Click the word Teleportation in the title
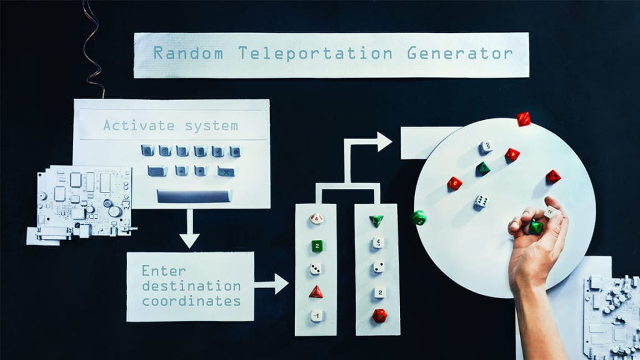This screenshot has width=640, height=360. coord(315,54)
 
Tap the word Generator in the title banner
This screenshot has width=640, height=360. coord(459,54)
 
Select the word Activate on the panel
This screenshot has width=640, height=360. coord(139,126)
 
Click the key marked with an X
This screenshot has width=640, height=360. coord(226,171)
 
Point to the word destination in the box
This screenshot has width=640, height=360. coord(191,286)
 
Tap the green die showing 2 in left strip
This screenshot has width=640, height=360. coord(317,246)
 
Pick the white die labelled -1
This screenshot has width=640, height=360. coord(317,316)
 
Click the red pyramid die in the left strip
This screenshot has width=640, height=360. coord(316,292)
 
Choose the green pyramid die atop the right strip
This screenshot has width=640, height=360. coord(376,221)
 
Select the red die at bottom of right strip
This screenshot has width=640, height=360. coord(379,316)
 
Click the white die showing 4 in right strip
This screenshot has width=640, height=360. coord(378,242)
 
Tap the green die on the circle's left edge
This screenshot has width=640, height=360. coord(419,217)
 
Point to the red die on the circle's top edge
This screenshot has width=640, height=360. coord(523,119)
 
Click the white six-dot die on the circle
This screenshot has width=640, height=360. coord(481,201)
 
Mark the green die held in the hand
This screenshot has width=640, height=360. coord(536,227)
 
